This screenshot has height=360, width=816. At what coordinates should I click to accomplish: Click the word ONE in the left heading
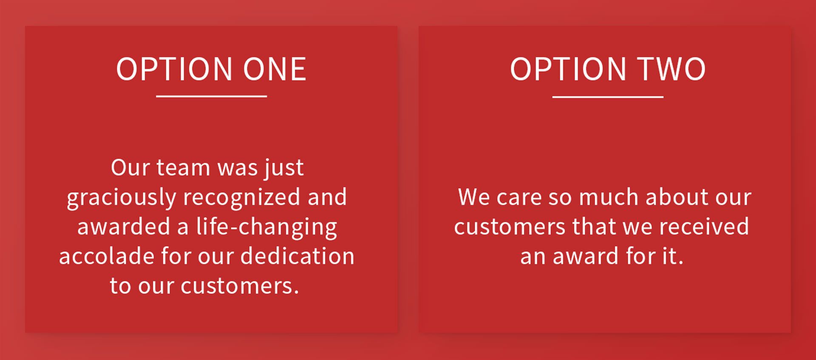click(275, 69)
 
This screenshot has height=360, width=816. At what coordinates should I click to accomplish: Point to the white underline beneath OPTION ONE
click(211, 96)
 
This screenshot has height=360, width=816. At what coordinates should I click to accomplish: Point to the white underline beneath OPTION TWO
click(608, 97)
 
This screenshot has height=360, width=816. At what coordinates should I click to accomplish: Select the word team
click(183, 167)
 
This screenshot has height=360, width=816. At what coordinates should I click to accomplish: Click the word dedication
click(297, 256)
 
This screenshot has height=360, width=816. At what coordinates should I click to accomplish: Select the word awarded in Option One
click(124, 227)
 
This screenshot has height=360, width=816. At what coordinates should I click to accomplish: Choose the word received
click(704, 227)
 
